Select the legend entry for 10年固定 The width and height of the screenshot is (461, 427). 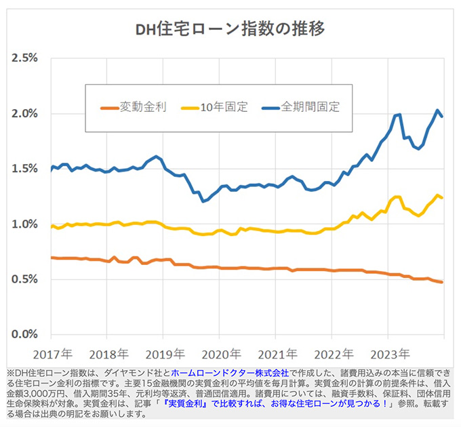point(223,107)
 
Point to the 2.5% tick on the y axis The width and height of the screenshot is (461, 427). point(24,58)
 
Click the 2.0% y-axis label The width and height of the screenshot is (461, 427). point(24,113)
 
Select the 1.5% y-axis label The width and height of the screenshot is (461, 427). point(24,169)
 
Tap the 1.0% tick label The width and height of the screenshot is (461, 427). point(24,224)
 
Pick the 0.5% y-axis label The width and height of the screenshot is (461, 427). point(24,279)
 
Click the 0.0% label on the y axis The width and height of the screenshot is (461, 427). point(24,335)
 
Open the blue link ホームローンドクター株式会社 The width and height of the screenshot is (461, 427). point(230,373)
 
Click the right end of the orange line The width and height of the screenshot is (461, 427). point(442,282)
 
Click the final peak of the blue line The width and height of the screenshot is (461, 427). point(438,110)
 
